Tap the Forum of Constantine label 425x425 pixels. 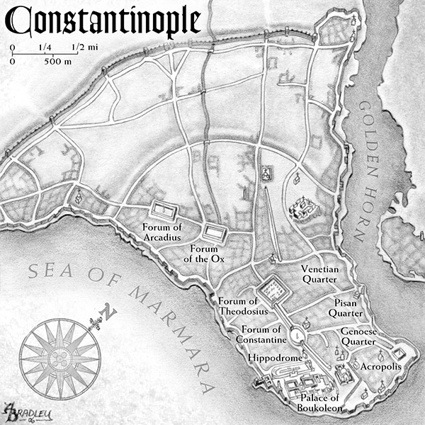click(x=262, y=335)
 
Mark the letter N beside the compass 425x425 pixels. click(x=107, y=312)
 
